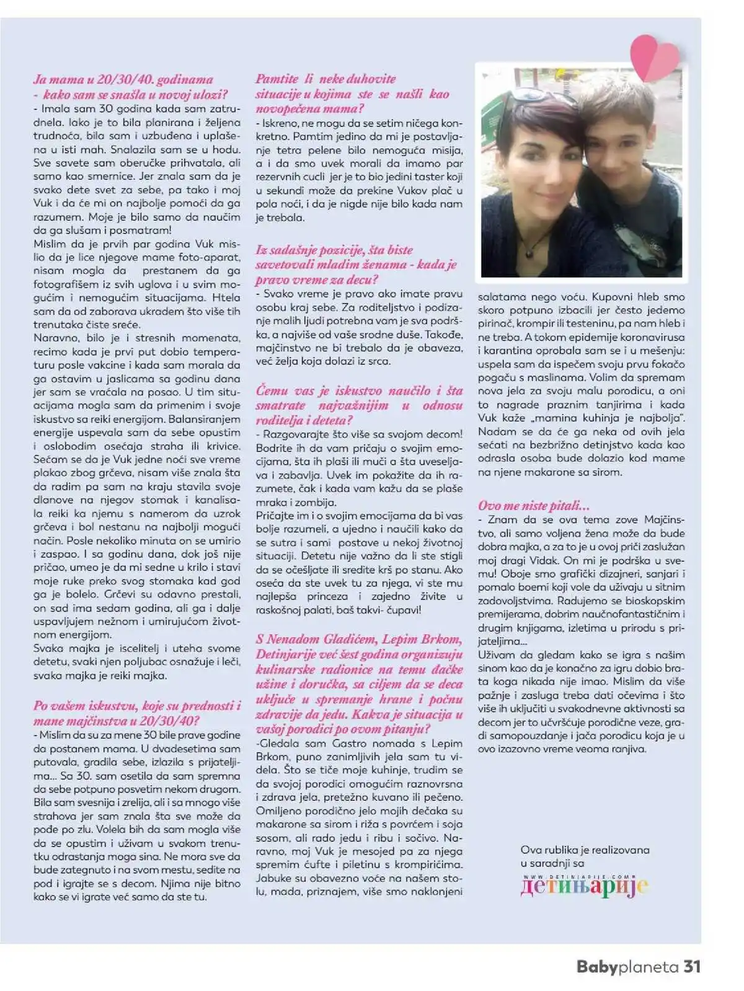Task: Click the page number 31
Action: (x=691, y=966)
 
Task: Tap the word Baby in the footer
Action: (x=597, y=967)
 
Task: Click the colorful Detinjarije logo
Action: (x=584, y=886)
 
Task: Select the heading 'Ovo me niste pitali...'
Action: (x=533, y=506)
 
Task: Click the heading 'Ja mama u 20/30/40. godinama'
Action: (x=123, y=79)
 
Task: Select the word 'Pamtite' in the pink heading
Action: (x=277, y=79)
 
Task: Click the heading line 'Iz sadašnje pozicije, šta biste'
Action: (x=334, y=250)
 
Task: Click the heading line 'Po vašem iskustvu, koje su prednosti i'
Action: (x=137, y=705)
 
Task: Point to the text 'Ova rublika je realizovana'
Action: (x=585, y=850)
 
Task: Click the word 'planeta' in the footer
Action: (x=649, y=967)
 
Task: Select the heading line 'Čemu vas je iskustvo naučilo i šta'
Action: (x=359, y=390)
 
